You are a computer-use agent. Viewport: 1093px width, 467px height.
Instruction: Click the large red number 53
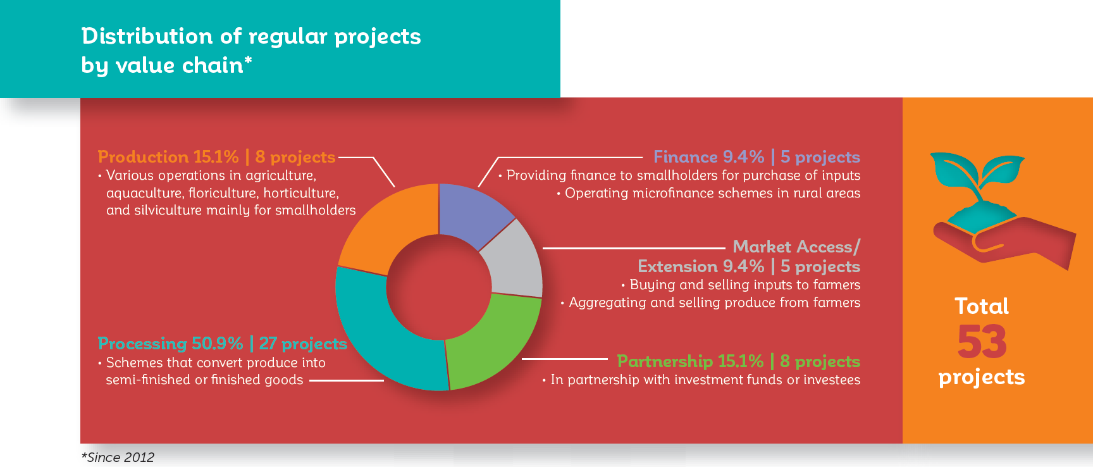pyautogui.click(x=982, y=342)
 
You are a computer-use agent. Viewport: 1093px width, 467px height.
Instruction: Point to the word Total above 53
pyautogui.click(x=982, y=306)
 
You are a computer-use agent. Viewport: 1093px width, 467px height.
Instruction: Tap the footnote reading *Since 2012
pyautogui.click(x=118, y=458)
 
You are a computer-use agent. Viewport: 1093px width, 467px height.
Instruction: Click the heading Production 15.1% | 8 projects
pyautogui.click(x=217, y=157)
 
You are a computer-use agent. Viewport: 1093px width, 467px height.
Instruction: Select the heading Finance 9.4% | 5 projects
pyautogui.click(x=756, y=157)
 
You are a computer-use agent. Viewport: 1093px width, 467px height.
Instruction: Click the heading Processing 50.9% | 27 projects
pyautogui.click(x=223, y=344)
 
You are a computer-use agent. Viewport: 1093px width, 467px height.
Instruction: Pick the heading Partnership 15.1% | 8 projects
pyautogui.click(x=739, y=361)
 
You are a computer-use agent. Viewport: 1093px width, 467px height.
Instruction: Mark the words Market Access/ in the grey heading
pyautogui.click(x=796, y=247)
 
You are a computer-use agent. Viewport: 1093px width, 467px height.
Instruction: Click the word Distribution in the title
pyautogui.click(x=147, y=36)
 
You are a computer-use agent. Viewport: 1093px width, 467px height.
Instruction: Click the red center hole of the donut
pyautogui.click(x=439, y=287)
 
